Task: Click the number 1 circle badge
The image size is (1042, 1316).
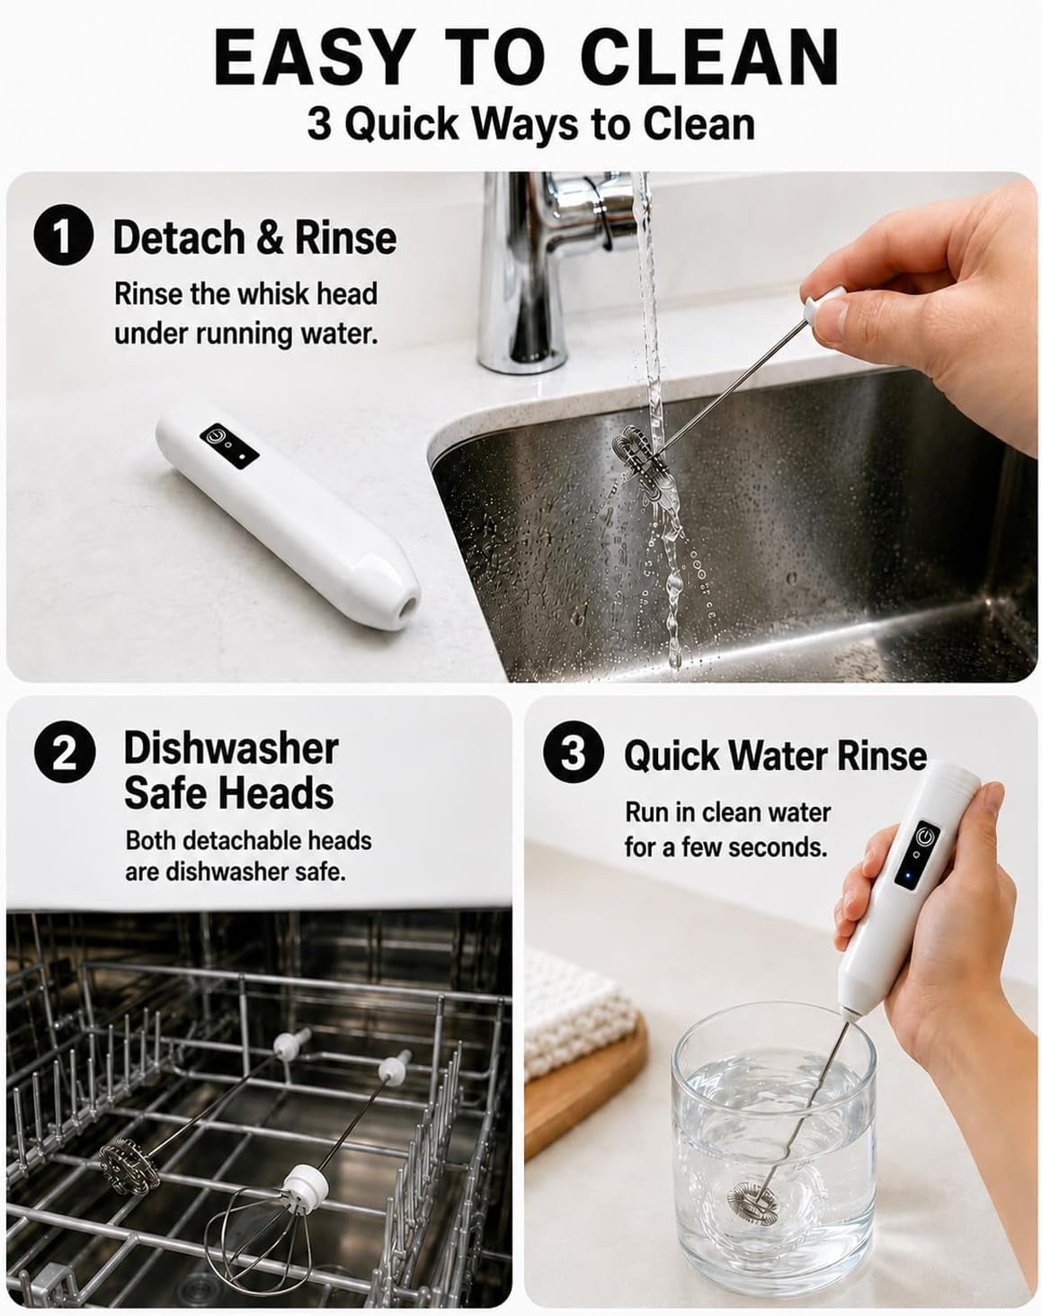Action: tap(64, 237)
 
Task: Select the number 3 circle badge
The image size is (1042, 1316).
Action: tap(573, 752)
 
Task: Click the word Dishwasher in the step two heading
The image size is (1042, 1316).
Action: tap(232, 748)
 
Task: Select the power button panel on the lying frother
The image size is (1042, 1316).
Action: tap(229, 446)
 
